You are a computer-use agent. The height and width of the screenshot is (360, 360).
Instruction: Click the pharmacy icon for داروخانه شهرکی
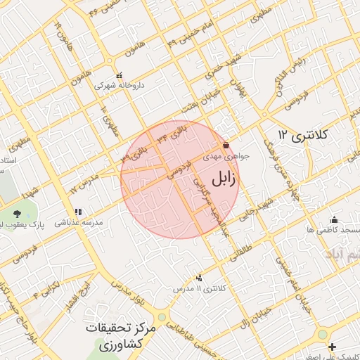coord(118,75)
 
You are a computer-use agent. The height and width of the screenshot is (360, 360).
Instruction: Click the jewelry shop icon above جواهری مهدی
coord(226,146)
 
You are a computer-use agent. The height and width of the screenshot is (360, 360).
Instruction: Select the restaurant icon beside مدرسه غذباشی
coord(78,212)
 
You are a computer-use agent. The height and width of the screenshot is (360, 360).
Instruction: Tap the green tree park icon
coord(17,214)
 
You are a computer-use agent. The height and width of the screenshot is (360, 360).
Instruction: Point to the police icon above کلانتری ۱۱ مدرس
coord(199,278)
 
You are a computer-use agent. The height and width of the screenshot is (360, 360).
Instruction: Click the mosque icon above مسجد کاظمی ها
coord(333,219)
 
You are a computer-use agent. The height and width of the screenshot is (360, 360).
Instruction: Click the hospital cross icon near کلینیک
coord(332,346)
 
